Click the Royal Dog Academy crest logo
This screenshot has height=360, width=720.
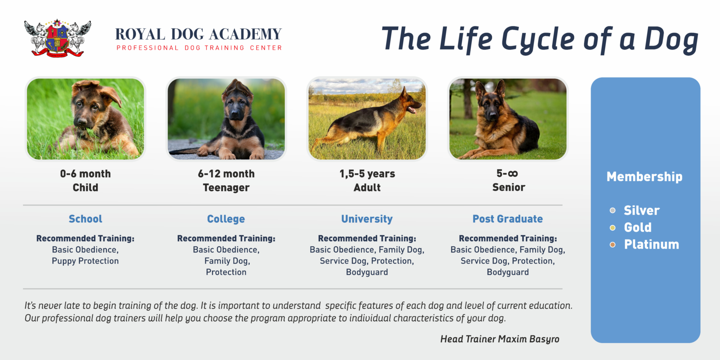pos(58,38)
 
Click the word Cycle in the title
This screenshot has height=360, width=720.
pos(538,39)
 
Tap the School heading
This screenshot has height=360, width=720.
pos(85,219)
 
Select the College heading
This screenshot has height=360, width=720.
pos(226,219)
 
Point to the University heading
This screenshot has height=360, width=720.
pos(367,219)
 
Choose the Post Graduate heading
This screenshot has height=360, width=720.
pos(507,219)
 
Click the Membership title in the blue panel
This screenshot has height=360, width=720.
pos(644,177)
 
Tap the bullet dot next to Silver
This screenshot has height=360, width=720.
pos(612,211)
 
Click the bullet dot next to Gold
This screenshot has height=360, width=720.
pos(612,228)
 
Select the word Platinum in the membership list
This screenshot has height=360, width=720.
pos(651,244)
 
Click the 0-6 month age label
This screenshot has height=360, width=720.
pos(85,174)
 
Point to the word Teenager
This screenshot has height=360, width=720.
pos(226,188)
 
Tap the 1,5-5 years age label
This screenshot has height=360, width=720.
pos(367,174)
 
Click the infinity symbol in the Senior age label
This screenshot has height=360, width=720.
pos(513,174)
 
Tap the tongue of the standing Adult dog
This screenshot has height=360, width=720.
pos(412,111)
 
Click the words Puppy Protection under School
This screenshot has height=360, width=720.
pos(85,261)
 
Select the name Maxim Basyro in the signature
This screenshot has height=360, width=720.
pos(529,339)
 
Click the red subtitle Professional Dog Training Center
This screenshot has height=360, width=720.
pos(199,48)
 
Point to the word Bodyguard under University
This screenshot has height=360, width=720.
pos(367,272)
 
